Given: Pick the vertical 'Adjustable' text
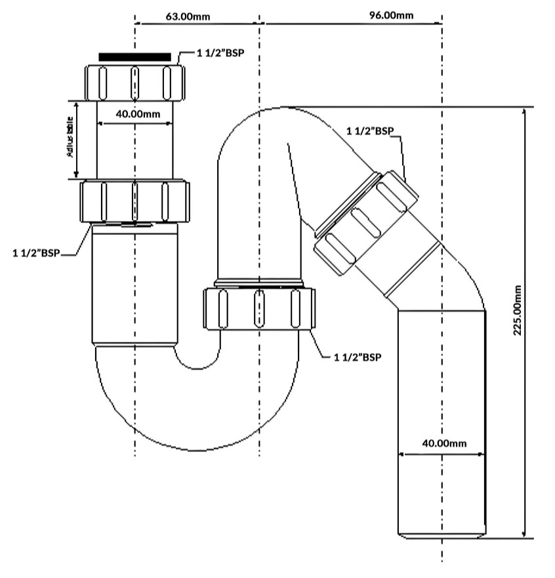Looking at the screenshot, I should click(69, 138).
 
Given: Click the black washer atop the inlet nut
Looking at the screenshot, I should click(134, 57).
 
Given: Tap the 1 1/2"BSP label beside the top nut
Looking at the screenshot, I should click(220, 52).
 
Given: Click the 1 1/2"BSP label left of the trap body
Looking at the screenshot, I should click(35, 253).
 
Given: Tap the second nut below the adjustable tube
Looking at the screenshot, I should click(134, 201).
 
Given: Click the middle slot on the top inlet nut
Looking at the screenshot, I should click(134, 82).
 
